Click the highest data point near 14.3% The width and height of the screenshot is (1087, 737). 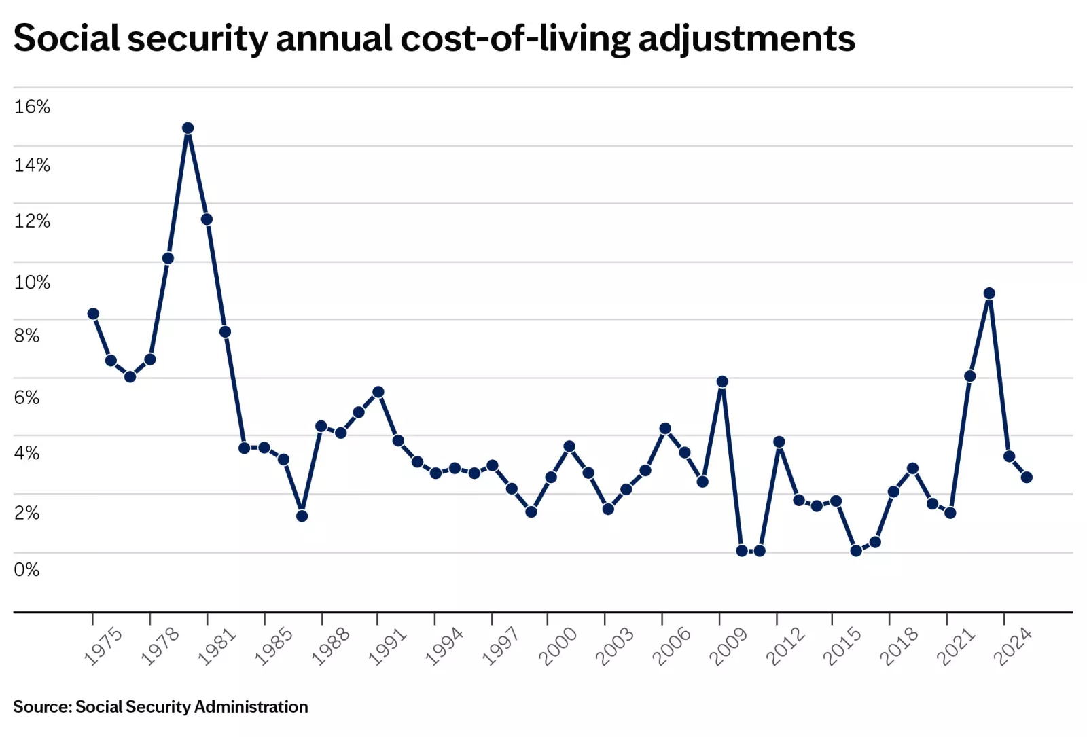pyautogui.click(x=188, y=128)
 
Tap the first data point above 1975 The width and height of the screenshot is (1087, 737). pyautogui.click(x=93, y=314)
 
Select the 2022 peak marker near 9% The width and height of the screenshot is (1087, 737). pyautogui.click(x=989, y=293)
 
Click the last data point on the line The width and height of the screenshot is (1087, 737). pyautogui.click(x=1027, y=478)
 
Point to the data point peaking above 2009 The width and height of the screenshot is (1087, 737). pyautogui.click(x=722, y=382)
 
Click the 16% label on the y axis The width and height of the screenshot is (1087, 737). pyautogui.click(x=32, y=107)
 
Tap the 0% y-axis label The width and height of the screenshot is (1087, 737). pyautogui.click(x=26, y=569)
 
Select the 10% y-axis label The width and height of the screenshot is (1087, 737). pyautogui.click(x=32, y=283)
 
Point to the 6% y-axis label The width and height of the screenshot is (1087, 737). pyautogui.click(x=26, y=397)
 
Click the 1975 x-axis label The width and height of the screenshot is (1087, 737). pyautogui.click(x=103, y=646)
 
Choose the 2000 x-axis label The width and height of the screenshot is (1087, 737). pyautogui.click(x=557, y=646)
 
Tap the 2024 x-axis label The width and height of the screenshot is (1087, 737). pyautogui.click(x=1012, y=646)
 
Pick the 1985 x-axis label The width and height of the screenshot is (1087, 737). pyautogui.click(x=273, y=646)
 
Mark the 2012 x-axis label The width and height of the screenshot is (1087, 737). pyautogui.click(x=785, y=646)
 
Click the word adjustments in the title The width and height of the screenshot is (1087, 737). pyautogui.click(x=746, y=39)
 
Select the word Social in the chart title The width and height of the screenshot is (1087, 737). pyautogui.click(x=67, y=38)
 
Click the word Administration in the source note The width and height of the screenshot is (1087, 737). pyautogui.click(x=251, y=706)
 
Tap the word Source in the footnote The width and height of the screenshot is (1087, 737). pyautogui.click(x=41, y=706)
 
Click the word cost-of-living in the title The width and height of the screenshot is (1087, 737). pyautogui.click(x=516, y=39)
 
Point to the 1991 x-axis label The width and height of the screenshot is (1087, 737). pyautogui.click(x=387, y=646)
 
